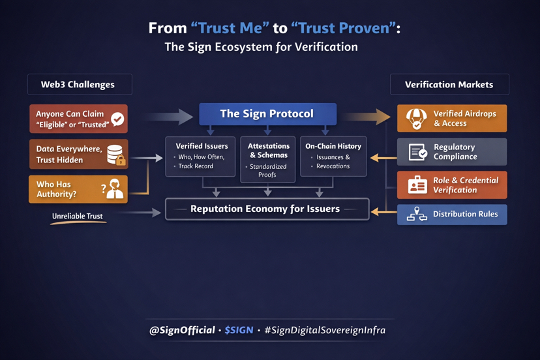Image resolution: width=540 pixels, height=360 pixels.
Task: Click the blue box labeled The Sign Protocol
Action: [267, 113]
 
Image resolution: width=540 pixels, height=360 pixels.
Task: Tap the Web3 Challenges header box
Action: [79, 85]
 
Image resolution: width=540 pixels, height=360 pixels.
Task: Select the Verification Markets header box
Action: [449, 85]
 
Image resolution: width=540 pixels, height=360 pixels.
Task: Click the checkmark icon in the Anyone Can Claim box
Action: [117, 119]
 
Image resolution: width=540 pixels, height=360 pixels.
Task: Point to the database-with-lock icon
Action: [115, 155]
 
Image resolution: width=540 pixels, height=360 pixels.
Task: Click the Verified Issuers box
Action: [200, 157]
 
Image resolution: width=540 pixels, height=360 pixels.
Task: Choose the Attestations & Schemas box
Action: [267, 159]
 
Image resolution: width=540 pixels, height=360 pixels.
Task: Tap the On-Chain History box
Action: [333, 157]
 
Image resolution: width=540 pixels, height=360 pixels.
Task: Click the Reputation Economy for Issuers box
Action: [267, 209]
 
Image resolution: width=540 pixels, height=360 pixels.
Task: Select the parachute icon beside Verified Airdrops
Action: [416, 118]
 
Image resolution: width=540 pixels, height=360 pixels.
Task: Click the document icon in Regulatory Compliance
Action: [417, 152]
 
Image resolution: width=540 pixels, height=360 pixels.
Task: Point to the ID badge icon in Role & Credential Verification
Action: [417, 185]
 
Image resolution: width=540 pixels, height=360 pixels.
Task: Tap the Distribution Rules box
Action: [452, 215]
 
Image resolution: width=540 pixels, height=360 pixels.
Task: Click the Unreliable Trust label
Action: [78, 216]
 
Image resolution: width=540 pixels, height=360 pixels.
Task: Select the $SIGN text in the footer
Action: [239, 330]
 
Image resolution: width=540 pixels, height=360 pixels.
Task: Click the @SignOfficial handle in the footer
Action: [182, 330]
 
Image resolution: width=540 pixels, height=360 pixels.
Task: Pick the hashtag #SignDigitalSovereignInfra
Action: [325, 330]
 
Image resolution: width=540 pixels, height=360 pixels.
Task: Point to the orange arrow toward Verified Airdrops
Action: [365, 117]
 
